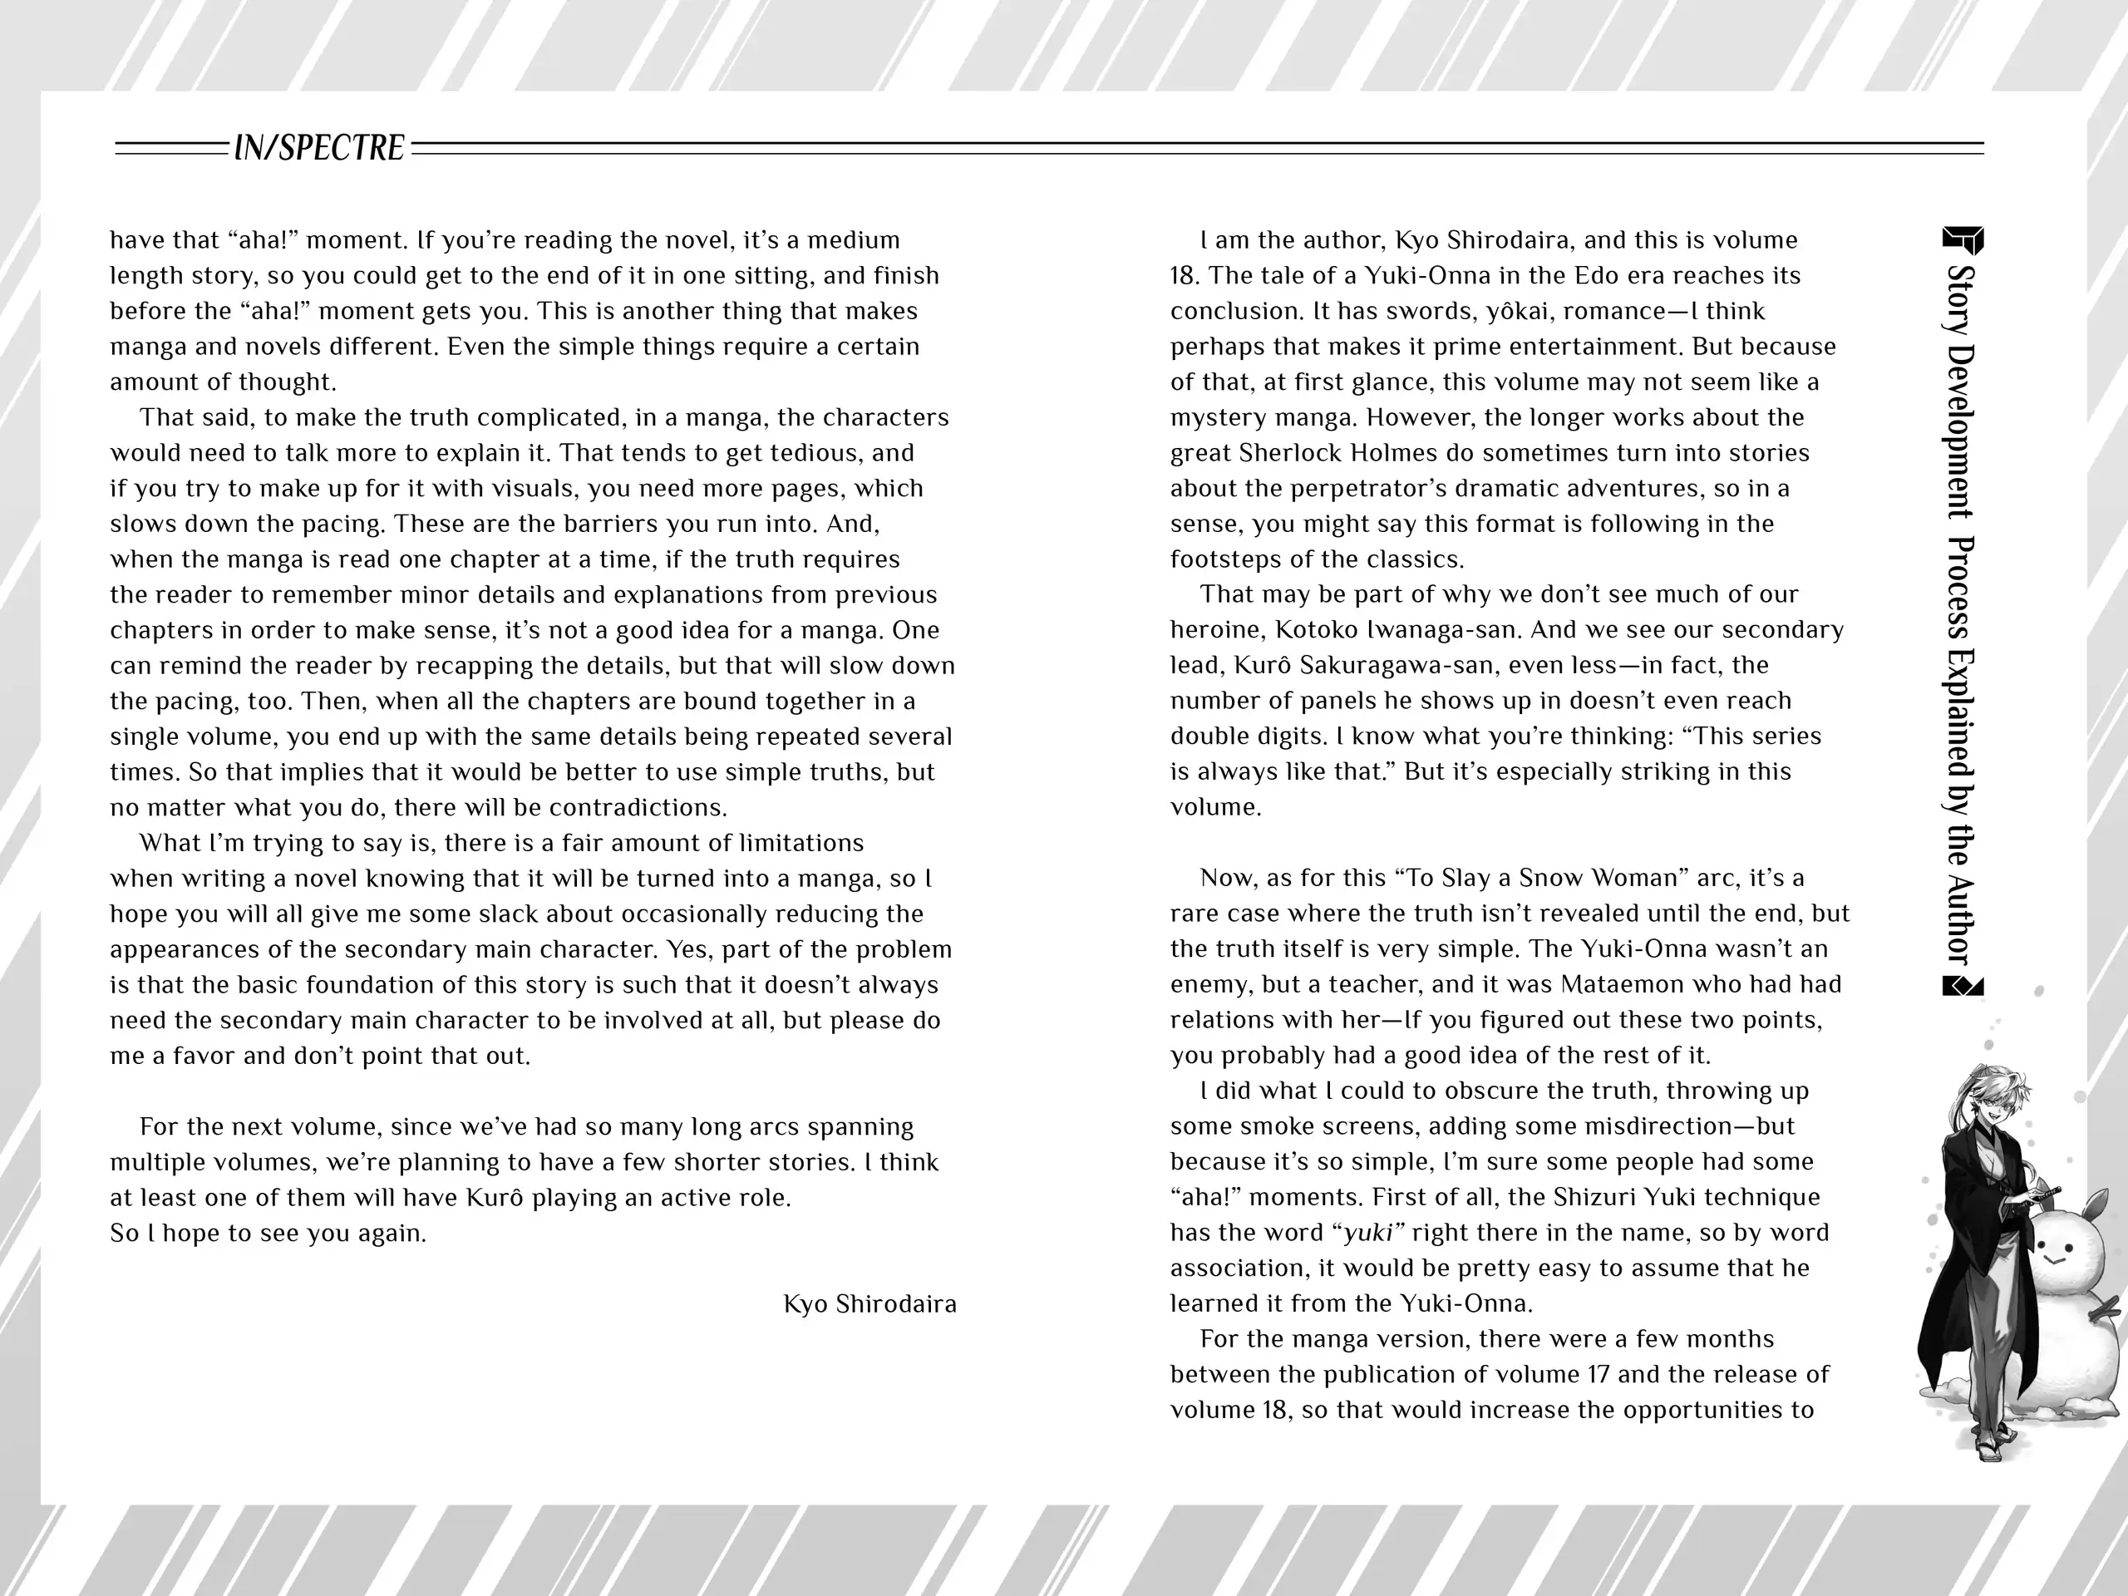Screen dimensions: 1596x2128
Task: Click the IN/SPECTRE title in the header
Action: coord(319,148)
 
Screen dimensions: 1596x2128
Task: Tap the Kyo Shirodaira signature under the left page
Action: coord(869,1303)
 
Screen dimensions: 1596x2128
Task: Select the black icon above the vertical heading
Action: coord(1963,240)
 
